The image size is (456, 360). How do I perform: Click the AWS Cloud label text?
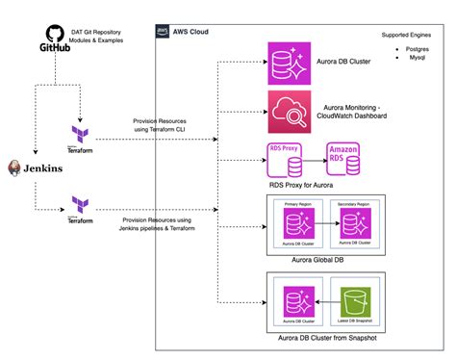coord(190,32)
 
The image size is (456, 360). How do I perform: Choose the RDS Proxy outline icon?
coord(287,162)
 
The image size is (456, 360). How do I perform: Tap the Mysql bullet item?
coord(412,58)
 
